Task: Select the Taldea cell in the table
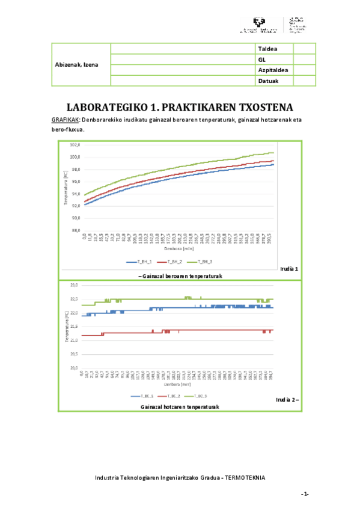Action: [x=267, y=48]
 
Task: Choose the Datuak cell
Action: [x=268, y=81]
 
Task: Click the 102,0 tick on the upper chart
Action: [x=75, y=145]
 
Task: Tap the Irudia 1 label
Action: [x=289, y=268]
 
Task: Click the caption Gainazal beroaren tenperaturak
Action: [x=181, y=275]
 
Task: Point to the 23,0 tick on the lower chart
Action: [x=75, y=284]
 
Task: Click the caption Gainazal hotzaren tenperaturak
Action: [x=180, y=407]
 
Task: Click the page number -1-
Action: [x=305, y=494]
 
